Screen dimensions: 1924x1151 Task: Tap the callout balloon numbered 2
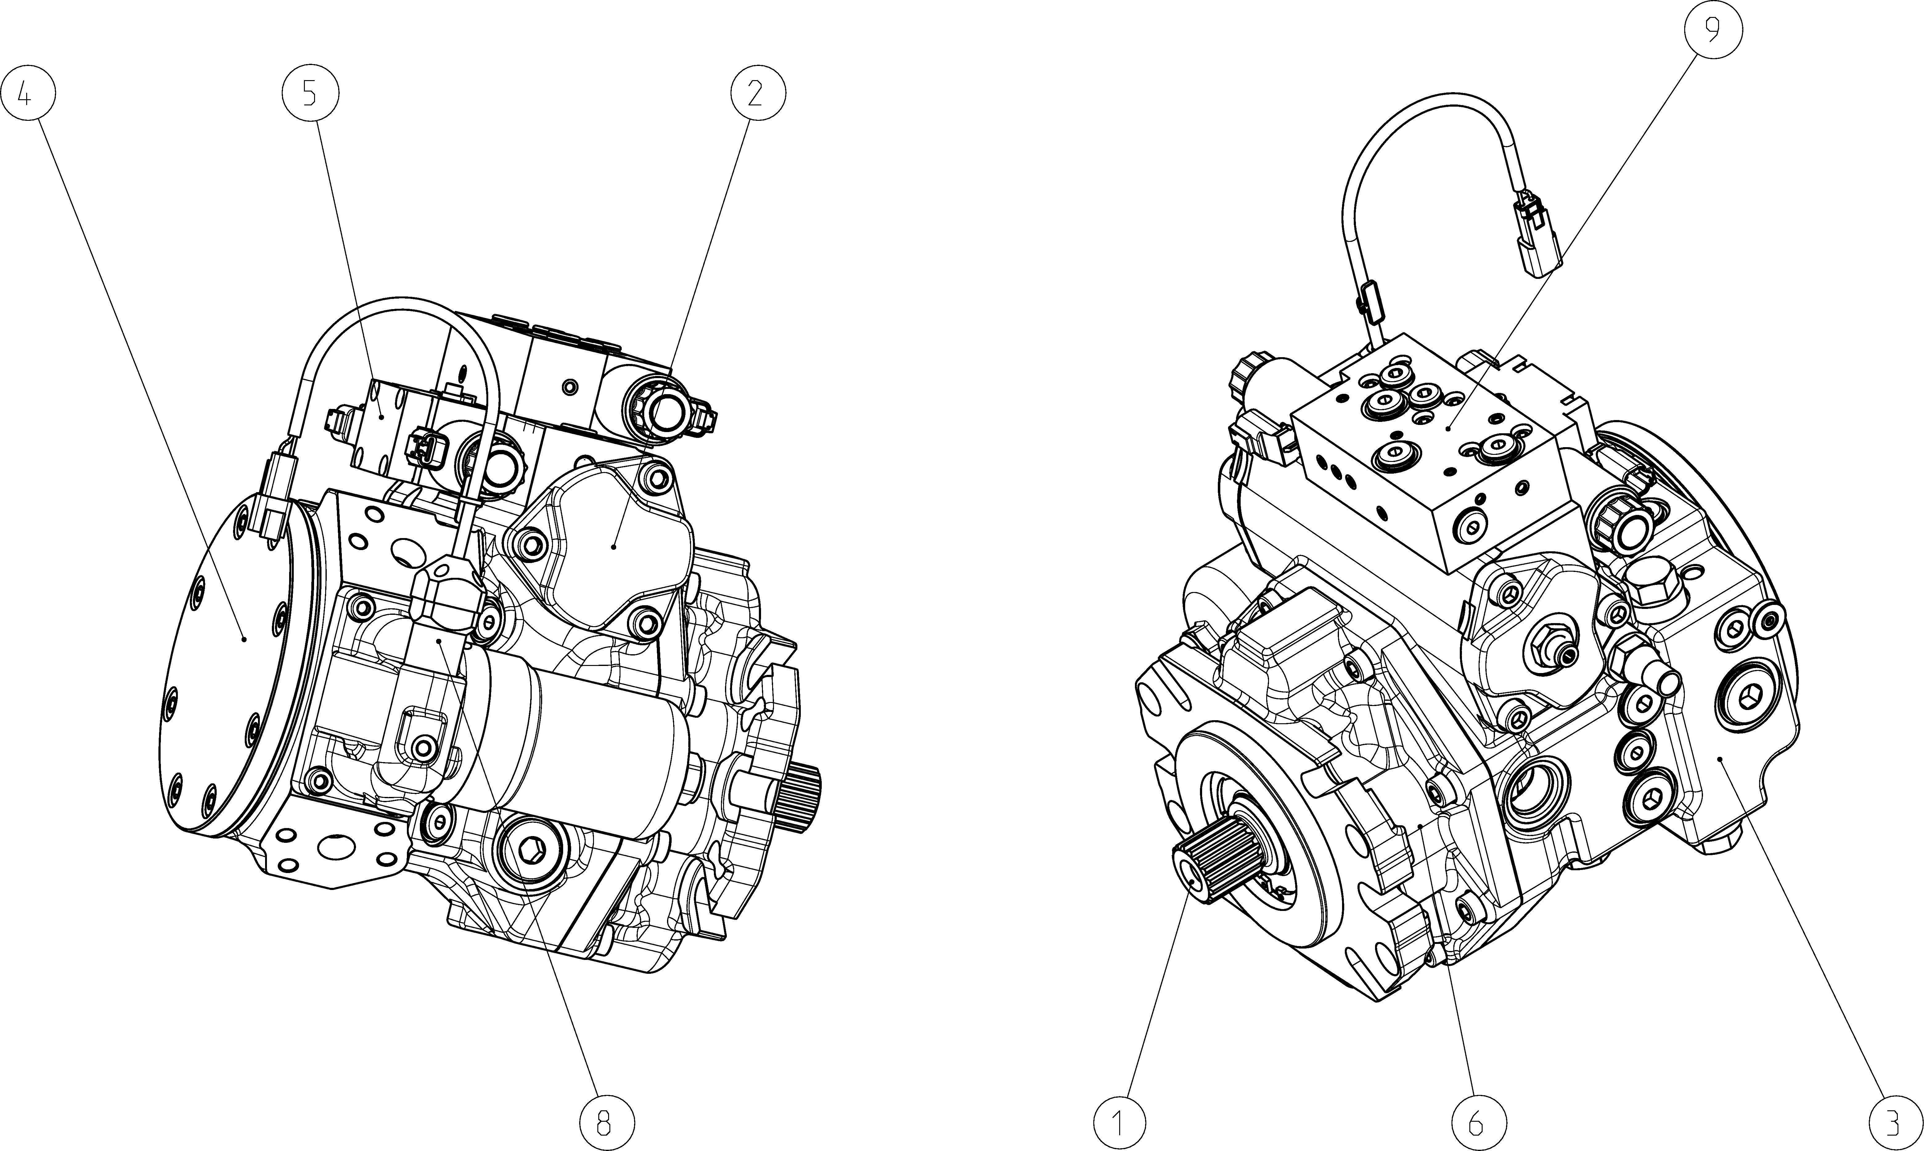point(757,93)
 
